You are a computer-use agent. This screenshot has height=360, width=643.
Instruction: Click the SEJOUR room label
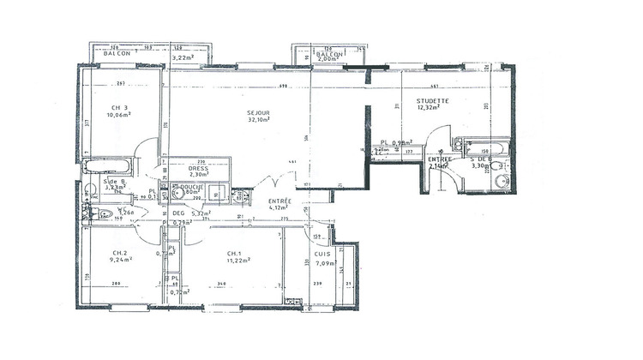[258, 113]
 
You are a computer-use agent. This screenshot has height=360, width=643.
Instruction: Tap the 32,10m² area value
[259, 121]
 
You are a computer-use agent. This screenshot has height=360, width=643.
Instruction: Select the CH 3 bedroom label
[117, 106]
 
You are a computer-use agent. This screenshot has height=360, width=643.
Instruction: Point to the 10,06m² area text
[118, 114]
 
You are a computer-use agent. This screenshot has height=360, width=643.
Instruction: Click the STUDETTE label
[430, 100]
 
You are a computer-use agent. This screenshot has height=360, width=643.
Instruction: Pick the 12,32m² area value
[429, 108]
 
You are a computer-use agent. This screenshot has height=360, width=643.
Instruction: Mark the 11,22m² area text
[238, 261]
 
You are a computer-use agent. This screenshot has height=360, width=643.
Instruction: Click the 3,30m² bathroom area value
[480, 167]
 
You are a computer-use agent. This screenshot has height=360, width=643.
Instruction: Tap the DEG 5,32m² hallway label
[190, 213]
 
